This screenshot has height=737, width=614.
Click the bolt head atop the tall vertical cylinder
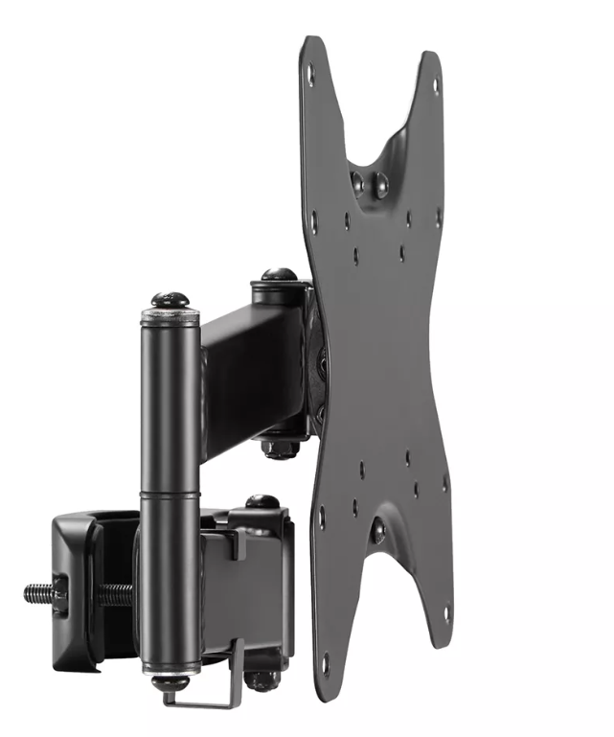[171, 298]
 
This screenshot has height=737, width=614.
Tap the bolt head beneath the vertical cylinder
[171, 682]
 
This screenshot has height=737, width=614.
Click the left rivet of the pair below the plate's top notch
[358, 177]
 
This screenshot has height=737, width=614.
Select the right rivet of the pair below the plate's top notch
[380, 179]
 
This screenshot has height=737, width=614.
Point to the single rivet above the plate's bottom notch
[378, 532]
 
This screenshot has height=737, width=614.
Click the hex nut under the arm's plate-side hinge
[281, 448]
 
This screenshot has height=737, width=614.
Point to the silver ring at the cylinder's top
[171, 315]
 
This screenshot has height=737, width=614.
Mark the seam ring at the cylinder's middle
[171, 495]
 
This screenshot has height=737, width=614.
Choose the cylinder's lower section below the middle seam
[171, 585]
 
